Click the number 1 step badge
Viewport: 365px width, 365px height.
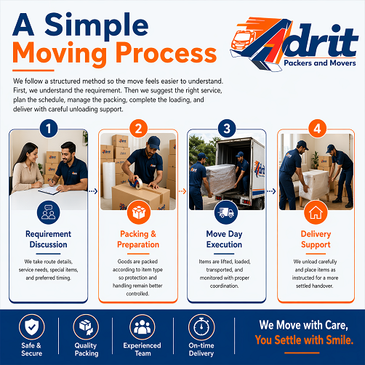click(x=48, y=129)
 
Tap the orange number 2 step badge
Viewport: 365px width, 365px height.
click(x=137, y=129)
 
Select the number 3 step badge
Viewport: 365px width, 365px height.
click(x=227, y=129)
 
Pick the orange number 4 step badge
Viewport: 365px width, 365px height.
click(x=316, y=129)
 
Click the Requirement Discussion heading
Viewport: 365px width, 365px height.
click(x=48, y=240)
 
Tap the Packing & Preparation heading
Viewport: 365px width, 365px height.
click(x=137, y=240)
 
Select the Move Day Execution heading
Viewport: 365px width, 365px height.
click(x=227, y=240)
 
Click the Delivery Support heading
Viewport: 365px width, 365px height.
click(x=316, y=240)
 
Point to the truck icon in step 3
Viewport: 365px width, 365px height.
click(x=227, y=214)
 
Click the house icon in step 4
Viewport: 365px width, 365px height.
click(x=316, y=214)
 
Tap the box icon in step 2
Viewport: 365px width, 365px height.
click(x=137, y=214)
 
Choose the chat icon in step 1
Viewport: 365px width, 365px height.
click(x=48, y=214)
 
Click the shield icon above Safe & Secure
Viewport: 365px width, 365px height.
click(x=31, y=326)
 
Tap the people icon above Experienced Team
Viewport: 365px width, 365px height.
click(x=143, y=326)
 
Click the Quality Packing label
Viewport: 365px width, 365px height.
click(x=87, y=350)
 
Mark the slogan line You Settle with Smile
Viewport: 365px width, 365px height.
click(x=310, y=340)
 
